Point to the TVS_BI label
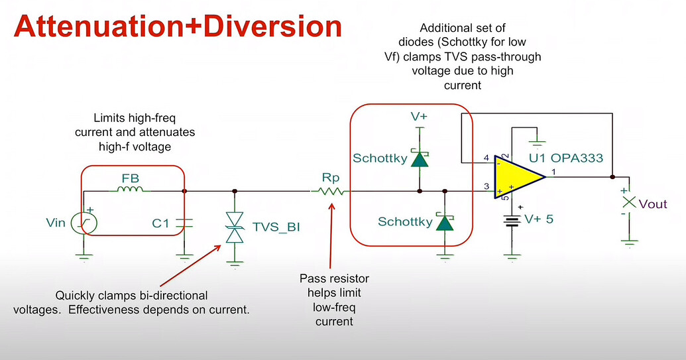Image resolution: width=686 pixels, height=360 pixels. click(x=276, y=227)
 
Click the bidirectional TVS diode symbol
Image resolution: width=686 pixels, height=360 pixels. click(x=233, y=225)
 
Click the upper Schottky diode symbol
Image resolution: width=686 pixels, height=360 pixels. click(x=419, y=159)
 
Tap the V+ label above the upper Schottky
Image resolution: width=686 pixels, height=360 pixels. click(x=419, y=117)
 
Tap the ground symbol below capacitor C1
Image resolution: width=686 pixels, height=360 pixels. click(x=184, y=255)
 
